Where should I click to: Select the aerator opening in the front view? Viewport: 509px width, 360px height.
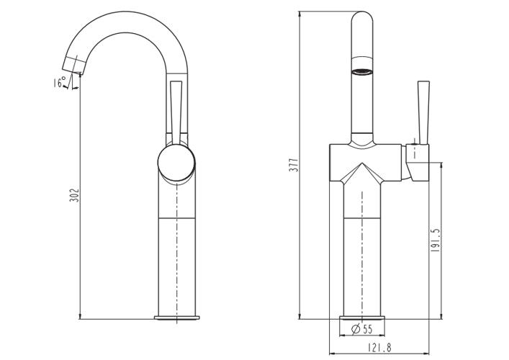[363, 71]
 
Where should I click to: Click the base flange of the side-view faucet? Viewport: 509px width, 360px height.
[176, 318]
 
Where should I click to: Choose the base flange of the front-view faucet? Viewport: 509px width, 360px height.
[362, 318]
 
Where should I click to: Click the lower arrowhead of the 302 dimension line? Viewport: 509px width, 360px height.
[79, 316]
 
